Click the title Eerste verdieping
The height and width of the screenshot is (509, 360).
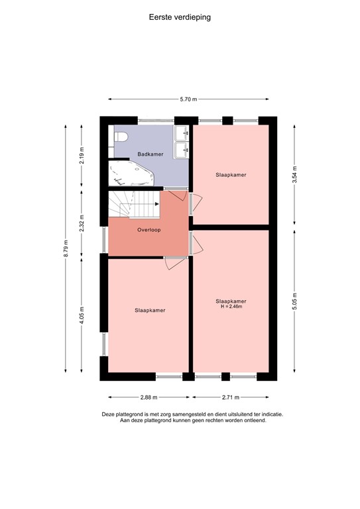(x=180, y=18)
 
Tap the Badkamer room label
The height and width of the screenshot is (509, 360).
(x=150, y=154)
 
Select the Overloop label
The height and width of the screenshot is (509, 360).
(x=149, y=230)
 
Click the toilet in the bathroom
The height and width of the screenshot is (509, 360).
(x=120, y=137)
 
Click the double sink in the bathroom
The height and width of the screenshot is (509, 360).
(x=182, y=142)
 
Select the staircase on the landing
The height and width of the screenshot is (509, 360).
(x=135, y=204)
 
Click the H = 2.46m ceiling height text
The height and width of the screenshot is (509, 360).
(x=231, y=306)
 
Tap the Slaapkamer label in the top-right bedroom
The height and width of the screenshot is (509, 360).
(x=231, y=175)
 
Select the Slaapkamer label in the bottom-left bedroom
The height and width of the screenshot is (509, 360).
(x=150, y=310)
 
